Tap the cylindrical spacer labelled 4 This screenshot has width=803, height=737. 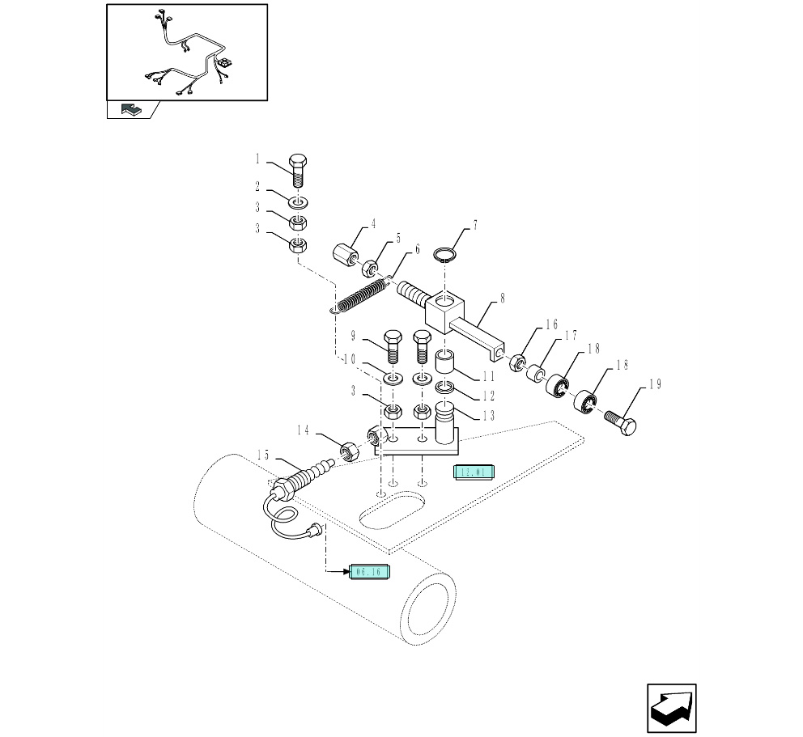[x=346, y=250]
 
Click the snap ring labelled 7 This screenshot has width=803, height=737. [x=443, y=256]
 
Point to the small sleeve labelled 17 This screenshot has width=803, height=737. [x=534, y=374]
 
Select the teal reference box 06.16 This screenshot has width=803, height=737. [x=372, y=572]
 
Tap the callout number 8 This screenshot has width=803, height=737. [x=502, y=299]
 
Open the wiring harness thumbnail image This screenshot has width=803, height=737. [x=187, y=53]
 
